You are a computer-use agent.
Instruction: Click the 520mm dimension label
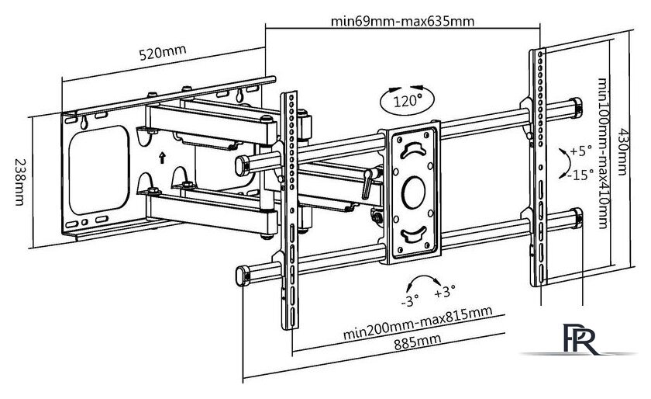pyautogui.click(x=162, y=52)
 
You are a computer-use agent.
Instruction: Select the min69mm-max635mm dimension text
pyautogui.click(x=402, y=21)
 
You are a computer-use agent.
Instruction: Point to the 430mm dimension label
pyautogui.click(x=622, y=151)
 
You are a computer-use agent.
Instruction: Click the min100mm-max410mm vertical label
pyautogui.click(x=602, y=153)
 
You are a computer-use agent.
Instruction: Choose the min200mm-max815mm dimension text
pyautogui.click(x=418, y=322)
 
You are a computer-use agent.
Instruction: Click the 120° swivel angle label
pyautogui.click(x=408, y=101)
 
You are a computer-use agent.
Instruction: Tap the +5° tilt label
pyautogui.click(x=580, y=151)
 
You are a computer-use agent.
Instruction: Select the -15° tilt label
pyautogui.click(x=580, y=175)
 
